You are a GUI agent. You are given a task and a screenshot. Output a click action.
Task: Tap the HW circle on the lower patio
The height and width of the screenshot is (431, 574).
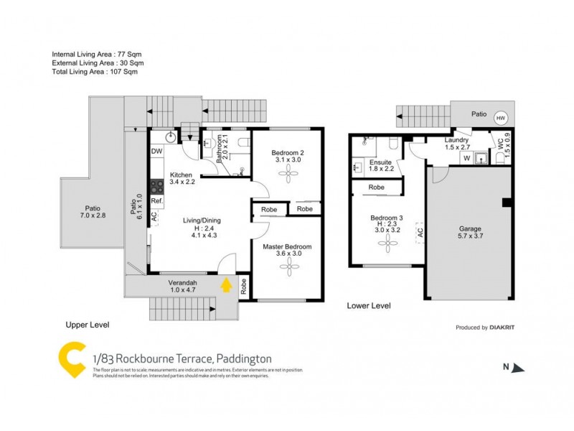(500, 118)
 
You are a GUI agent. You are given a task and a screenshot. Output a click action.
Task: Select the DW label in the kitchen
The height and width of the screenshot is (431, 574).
(156, 151)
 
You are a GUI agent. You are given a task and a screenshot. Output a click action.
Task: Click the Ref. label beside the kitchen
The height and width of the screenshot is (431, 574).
(157, 201)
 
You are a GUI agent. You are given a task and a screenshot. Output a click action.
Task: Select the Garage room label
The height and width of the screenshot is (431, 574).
(470, 229)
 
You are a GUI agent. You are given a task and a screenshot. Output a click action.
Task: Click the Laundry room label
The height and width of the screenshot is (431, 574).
(456, 140)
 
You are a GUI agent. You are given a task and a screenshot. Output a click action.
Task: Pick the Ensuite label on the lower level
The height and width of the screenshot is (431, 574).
(381, 162)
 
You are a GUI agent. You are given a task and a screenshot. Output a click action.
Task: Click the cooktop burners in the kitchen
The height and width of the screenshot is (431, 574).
(156, 182)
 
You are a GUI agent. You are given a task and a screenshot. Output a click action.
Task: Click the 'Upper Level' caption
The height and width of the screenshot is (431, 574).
(87, 325)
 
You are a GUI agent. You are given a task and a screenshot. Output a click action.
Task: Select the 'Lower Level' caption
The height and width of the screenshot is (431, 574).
(368, 305)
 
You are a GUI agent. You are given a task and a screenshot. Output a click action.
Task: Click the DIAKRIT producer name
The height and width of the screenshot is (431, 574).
(504, 328)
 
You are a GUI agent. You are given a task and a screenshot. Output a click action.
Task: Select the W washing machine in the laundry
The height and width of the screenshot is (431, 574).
(466, 158)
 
